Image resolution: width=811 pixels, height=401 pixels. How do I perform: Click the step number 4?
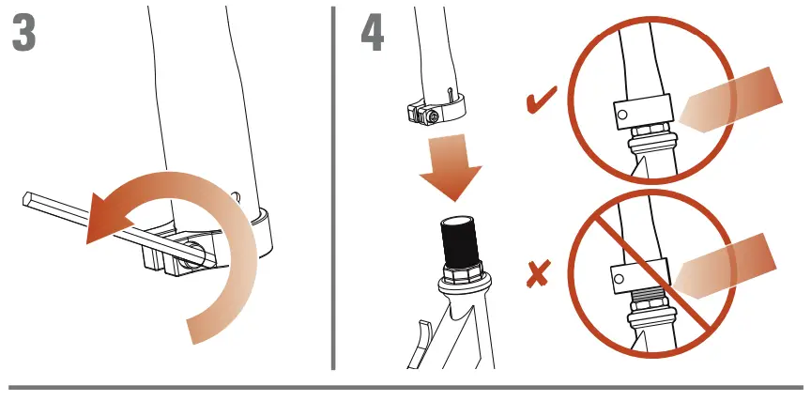click(372, 35)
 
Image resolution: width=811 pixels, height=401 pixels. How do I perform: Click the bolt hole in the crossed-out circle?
click(620, 279)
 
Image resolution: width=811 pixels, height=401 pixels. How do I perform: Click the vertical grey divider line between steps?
click(334, 188)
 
